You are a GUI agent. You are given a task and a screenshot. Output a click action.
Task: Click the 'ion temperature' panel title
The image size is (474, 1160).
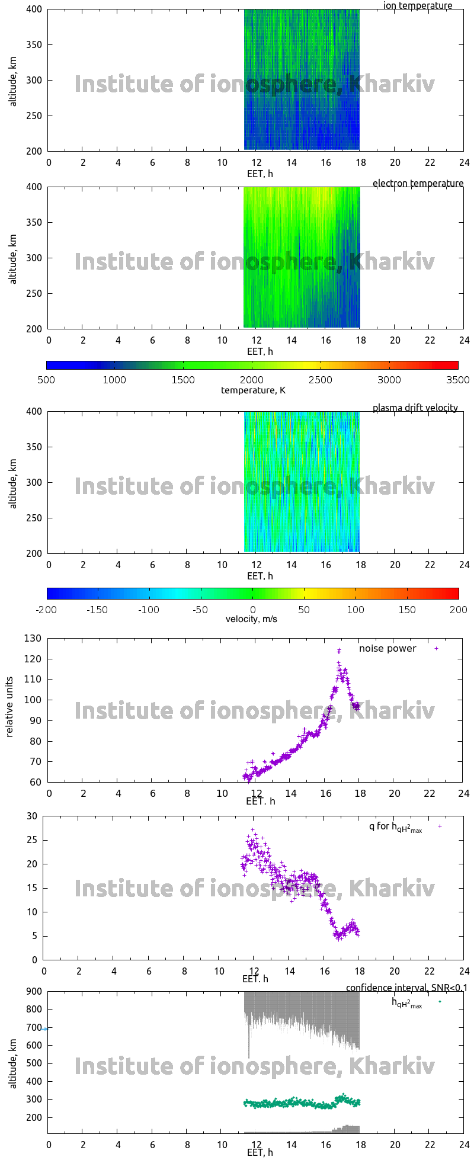[417, 6]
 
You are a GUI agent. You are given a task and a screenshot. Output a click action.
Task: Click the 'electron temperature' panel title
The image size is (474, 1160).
[418, 184]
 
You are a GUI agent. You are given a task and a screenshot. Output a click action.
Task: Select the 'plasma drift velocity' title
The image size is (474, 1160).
[415, 408]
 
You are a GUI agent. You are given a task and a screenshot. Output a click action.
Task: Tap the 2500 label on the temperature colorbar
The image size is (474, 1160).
[320, 380]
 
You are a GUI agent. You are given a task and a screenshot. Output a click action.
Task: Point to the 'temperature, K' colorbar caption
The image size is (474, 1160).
[253, 390]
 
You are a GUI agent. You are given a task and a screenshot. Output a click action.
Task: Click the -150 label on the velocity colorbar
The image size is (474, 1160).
[98, 610]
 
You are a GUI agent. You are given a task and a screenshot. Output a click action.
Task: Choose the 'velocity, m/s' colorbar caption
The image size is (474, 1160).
[251, 620]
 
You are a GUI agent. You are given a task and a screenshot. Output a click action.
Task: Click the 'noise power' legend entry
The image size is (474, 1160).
[387, 649]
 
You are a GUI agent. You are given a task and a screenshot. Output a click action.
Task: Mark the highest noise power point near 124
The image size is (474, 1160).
[339, 651]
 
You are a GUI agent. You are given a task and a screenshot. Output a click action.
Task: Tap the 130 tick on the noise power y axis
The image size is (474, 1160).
[33, 639]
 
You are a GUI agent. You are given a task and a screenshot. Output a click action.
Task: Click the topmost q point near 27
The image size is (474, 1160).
[253, 830]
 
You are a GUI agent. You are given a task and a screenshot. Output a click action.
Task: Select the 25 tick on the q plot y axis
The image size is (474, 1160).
[31, 840]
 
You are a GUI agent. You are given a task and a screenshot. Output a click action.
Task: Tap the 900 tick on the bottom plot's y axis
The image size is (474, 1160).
[33, 991]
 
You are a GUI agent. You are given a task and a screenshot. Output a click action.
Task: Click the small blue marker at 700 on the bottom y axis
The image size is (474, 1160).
[45, 1029]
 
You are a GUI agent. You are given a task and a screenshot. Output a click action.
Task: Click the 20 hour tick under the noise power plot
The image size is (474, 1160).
[394, 794]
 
